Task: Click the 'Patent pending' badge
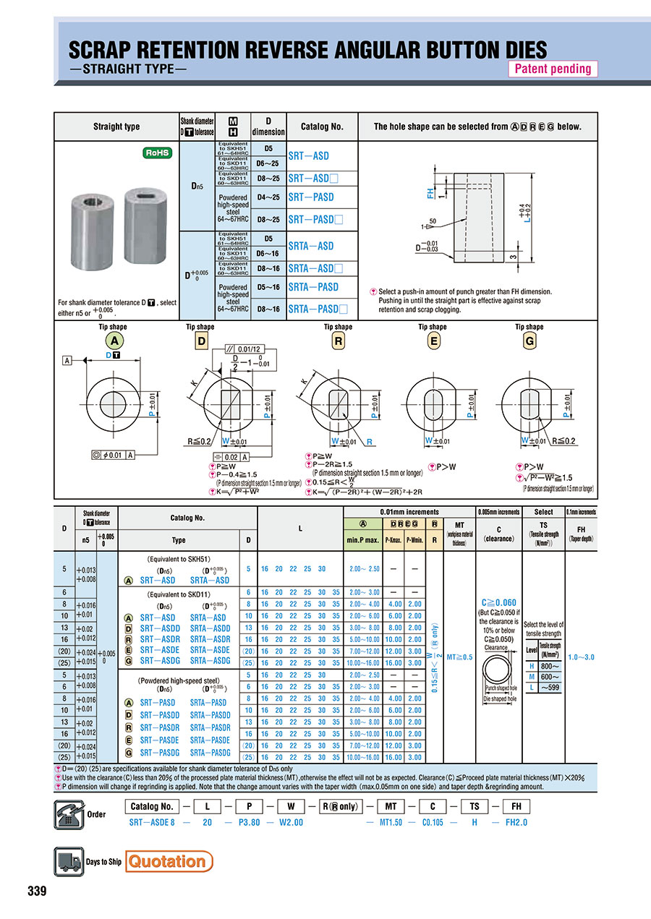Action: click(553, 69)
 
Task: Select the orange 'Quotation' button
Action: click(170, 861)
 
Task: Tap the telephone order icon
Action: click(69, 814)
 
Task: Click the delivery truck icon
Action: click(69, 861)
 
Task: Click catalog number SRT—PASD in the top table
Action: click(311, 197)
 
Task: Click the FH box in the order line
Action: click(516, 807)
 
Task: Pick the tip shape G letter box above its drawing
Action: click(529, 341)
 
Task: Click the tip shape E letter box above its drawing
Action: click(433, 341)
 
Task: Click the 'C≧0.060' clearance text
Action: click(499, 602)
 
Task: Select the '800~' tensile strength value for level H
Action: click(550, 666)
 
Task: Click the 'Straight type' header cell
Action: click(116, 127)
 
